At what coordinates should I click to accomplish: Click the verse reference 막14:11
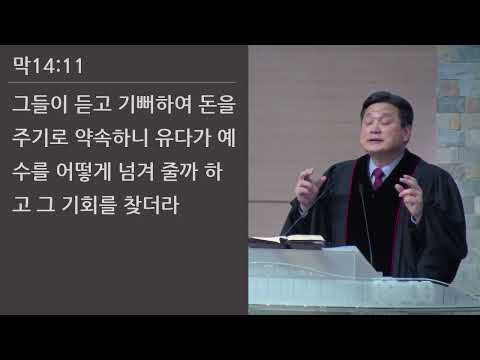pos(47,67)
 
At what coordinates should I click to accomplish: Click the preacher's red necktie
pos(377,180)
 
